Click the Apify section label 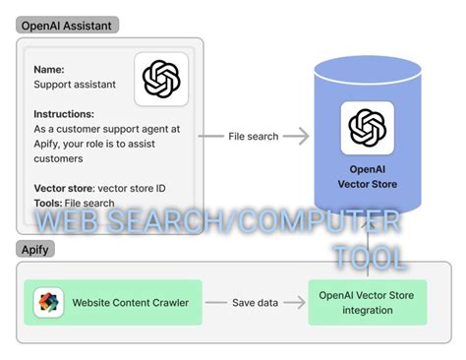tap(35, 250)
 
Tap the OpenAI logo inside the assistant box tap(160, 79)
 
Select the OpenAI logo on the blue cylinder tap(367, 127)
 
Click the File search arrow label tap(253, 137)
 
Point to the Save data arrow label tap(255, 302)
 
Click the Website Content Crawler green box tap(113, 302)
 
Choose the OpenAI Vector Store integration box tap(367, 302)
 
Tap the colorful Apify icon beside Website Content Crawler tap(48, 302)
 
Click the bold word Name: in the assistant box tap(50, 70)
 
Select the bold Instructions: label tap(64, 114)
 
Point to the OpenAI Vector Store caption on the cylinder tap(367, 175)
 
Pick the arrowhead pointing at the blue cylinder tap(304, 137)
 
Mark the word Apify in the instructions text tap(47, 144)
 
